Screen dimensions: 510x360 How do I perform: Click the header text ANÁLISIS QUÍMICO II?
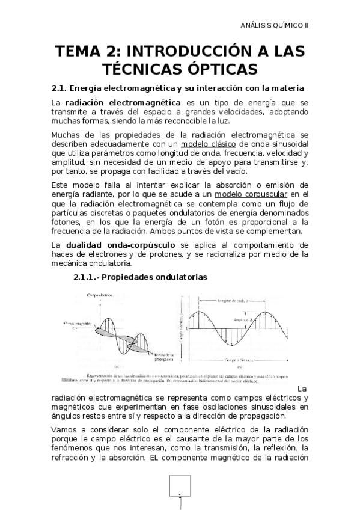[x=279, y=25]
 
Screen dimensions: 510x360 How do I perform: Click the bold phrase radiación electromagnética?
[x=114, y=103]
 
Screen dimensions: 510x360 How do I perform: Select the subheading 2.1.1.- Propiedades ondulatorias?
[x=141, y=277]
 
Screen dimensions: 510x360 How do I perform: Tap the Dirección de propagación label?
[x=163, y=357]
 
